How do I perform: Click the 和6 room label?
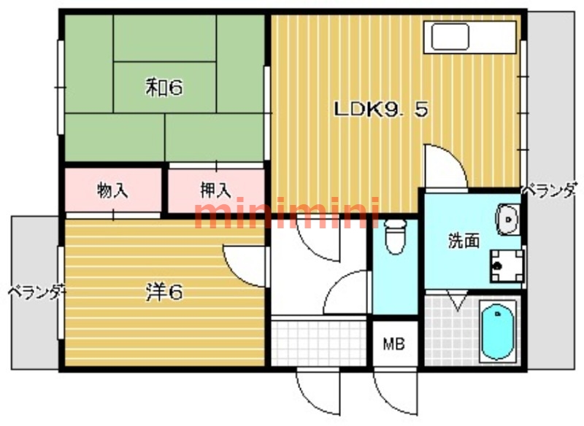pos(164,88)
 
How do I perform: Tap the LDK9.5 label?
pos(380,109)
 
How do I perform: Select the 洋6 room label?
pos(164,292)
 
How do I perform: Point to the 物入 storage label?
pos(112,191)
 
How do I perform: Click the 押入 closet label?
pos(215,190)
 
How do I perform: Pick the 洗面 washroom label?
pos(464,241)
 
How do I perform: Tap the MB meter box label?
pos(394,344)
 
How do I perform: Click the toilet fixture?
pos(395,237)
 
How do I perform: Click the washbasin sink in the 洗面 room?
pos(507,220)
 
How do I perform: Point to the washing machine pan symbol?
pos(507,266)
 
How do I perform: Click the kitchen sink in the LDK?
pos(450,36)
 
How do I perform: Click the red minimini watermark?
pos(287,213)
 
